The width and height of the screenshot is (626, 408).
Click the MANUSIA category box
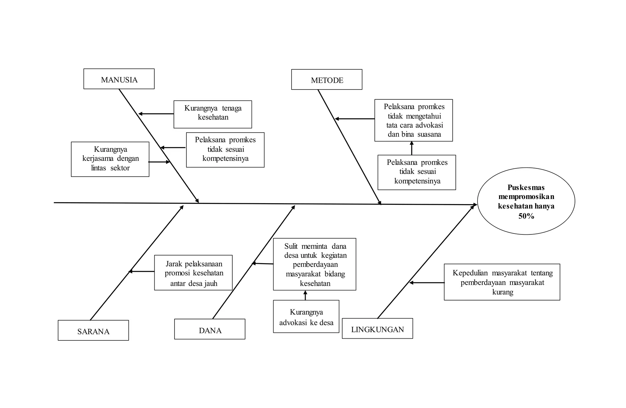[119, 79]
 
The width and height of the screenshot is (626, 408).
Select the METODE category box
[326, 80]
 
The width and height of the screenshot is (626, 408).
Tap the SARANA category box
[93, 330]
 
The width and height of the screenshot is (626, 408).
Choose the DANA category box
[210, 329]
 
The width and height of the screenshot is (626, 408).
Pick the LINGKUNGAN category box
[377, 329]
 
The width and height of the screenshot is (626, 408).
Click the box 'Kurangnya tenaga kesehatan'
[213, 114]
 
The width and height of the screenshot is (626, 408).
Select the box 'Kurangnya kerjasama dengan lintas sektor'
[110, 159]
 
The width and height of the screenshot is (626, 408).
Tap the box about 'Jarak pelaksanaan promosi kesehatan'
[193, 273]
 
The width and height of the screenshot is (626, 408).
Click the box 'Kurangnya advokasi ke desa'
[306, 317]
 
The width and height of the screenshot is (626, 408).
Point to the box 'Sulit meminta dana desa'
[315, 264]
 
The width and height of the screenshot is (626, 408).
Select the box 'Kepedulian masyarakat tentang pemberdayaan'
[502, 282]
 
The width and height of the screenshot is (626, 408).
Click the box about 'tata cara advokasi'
[414, 120]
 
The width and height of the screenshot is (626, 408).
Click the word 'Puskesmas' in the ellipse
[526, 187]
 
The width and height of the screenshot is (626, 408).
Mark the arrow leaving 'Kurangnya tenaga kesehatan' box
[156, 114]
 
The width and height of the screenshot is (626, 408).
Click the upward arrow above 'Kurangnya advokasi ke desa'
[305, 295]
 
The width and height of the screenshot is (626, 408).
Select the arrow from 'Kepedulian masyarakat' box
[427, 283]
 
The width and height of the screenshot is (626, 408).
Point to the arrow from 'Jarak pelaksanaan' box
[141, 271]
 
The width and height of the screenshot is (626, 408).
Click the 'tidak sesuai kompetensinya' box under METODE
[417, 172]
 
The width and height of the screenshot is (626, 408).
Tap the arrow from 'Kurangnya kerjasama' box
[159, 162]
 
